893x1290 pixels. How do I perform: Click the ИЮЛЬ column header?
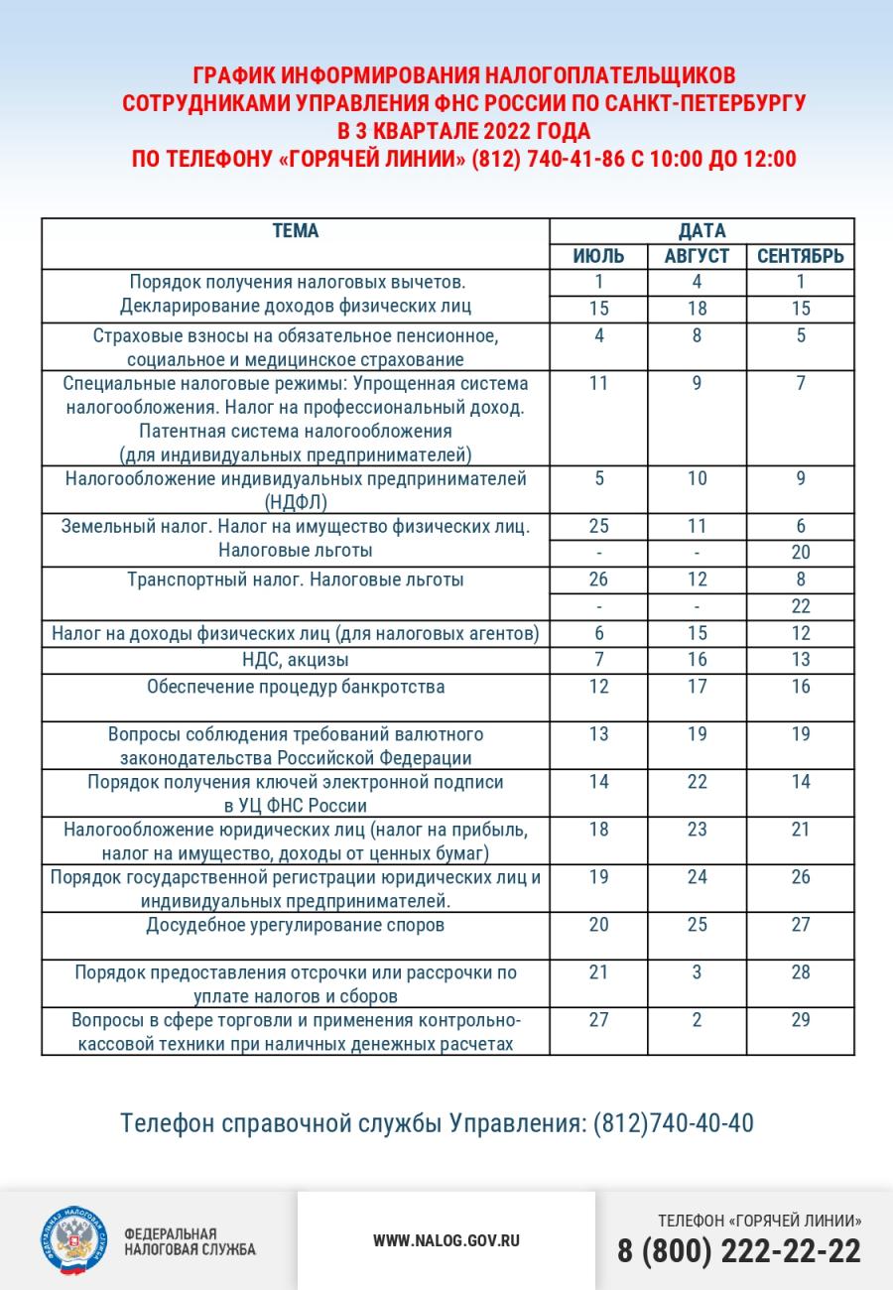[598, 256]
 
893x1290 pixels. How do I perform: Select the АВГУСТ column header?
[697, 256]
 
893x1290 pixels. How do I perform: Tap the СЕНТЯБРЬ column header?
[801, 256]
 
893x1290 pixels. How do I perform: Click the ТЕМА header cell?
[296, 231]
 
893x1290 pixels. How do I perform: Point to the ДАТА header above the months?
[702, 231]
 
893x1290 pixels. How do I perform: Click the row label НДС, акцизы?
[296, 660]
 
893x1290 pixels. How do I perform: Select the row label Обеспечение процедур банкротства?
[296, 687]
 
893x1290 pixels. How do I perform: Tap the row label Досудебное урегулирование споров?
[296, 925]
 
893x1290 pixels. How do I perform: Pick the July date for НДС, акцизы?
[598, 660]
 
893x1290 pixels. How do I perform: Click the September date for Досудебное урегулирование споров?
[801, 925]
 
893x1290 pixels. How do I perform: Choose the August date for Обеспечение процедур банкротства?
[697, 687]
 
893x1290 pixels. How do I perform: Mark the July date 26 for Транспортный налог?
[598, 580]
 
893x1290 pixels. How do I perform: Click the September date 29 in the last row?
[801, 1020]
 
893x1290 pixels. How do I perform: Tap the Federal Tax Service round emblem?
[71, 1240]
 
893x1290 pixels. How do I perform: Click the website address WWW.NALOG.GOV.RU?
[446, 1240]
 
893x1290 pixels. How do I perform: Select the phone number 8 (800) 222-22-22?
[739, 1251]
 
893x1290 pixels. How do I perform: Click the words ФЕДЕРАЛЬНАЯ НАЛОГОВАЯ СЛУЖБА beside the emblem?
[189, 1240]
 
